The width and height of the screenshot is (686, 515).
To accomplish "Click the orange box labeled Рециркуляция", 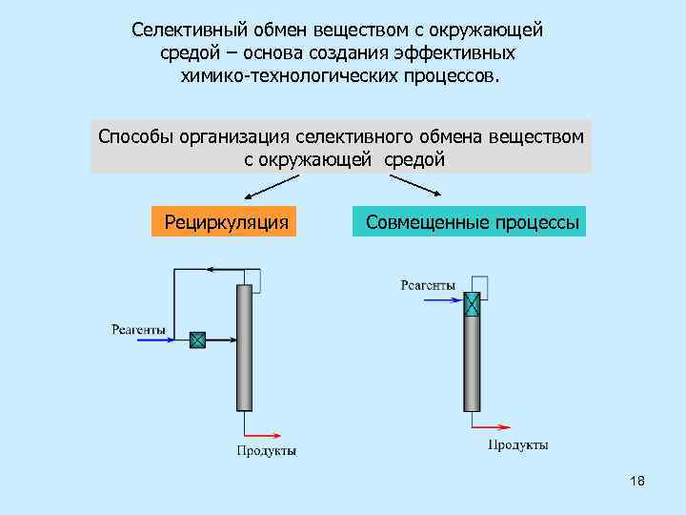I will pyautogui.click(x=224, y=222).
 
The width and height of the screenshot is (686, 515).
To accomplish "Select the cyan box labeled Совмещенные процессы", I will pyautogui.click(x=470, y=222).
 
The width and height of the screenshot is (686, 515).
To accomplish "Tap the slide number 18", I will pyautogui.click(x=637, y=482).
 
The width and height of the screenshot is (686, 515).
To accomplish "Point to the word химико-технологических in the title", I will pyautogui.click(x=285, y=75).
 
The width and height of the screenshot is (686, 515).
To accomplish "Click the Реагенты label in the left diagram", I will pyautogui.click(x=138, y=330).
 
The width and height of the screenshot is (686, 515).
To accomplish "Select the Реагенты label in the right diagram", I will pyautogui.click(x=427, y=284).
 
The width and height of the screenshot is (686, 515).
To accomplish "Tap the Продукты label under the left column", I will pyautogui.click(x=266, y=450).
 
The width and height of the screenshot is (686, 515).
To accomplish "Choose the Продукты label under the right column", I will pyautogui.click(x=517, y=445).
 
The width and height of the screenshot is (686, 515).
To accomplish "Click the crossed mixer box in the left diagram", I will pyautogui.click(x=197, y=340).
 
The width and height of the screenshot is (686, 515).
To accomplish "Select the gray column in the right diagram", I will pyautogui.click(x=472, y=362).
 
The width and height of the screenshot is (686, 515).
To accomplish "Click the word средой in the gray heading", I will pyautogui.click(x=414, y=160).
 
